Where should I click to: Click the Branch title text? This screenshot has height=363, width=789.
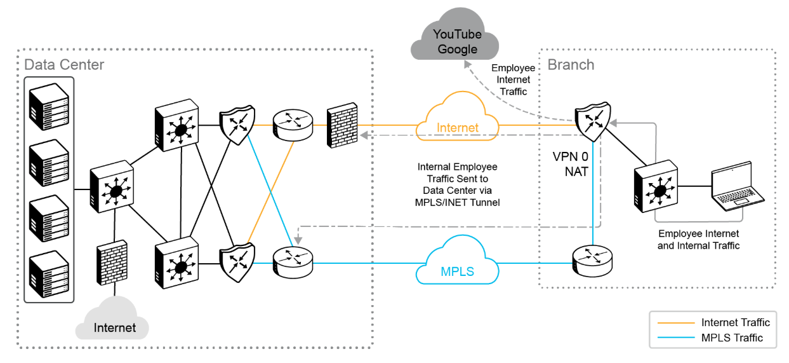(x=571, y=65)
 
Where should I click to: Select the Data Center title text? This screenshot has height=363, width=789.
(x=64, y=65)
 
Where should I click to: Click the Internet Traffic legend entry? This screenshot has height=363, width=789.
(x=735, y=323)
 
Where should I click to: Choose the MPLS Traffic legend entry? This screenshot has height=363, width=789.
(x=732, y=338)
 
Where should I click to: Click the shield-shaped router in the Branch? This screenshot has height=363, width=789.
(x=593, y=121)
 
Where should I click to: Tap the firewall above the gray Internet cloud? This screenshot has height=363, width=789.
(x=112, y=262)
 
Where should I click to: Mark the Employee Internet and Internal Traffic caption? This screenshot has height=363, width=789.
(x=698, y=240)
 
